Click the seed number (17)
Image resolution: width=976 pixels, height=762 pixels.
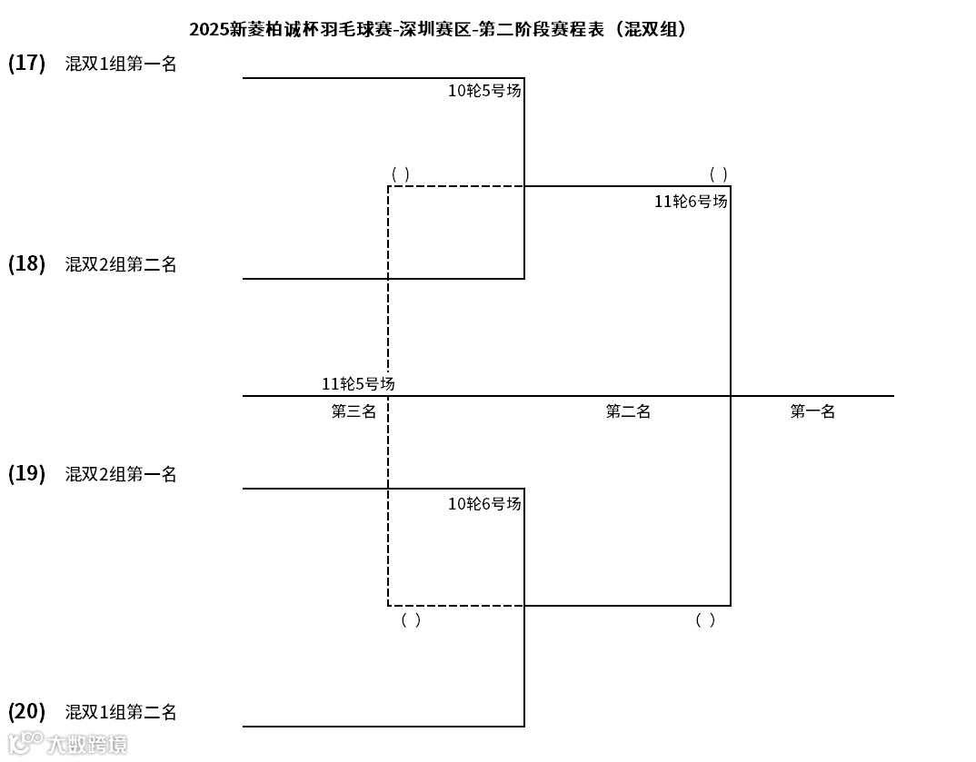tap(26, 63)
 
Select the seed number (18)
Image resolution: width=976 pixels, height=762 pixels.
tap(26, 264)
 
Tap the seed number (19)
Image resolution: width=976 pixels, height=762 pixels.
tap(26, 474)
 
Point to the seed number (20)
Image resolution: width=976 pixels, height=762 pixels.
tap(26, 711)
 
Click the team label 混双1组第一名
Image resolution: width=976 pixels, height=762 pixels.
tap(121, 64)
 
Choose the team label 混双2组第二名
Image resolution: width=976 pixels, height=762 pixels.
tap(121, 264)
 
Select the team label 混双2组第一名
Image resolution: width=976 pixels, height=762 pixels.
tap(121, 474)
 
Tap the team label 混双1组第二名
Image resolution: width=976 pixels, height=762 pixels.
tap(121, 712)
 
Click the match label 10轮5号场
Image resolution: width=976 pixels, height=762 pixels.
tap(484, 91)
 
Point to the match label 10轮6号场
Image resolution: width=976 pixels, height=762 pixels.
tap(484, 503)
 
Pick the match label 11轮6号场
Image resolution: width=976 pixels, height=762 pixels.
tap(691, 202)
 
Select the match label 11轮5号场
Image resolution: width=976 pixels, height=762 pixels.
tap(358, 384)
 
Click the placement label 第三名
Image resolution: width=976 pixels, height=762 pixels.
tap(354, 411)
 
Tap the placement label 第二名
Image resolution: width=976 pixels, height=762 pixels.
tap(628, 411)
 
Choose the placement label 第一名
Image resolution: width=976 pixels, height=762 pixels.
tap(812, 411)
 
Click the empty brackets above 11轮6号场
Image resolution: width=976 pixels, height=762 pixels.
tap(718, 173)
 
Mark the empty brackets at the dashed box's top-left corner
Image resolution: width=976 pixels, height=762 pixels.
tap(400, 173)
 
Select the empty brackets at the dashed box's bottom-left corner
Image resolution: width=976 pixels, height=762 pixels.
tap(411, 620)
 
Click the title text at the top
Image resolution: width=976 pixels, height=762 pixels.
tap(438, 29)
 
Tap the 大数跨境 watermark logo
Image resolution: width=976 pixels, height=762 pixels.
tap(67, 744)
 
